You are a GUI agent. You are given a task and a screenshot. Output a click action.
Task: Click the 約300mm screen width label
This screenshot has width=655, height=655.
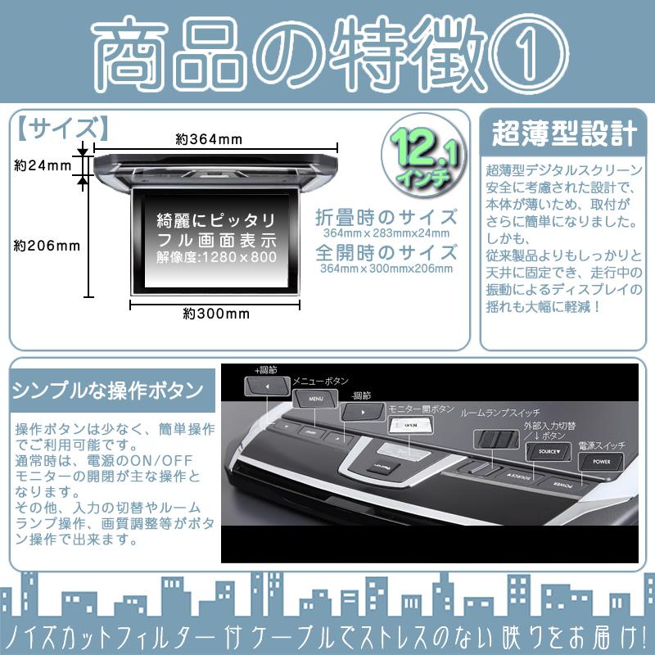(216, 314)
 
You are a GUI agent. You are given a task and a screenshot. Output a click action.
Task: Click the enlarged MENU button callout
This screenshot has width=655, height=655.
(316, 399)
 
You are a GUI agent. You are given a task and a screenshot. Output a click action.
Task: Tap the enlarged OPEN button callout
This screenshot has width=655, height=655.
(407, 424)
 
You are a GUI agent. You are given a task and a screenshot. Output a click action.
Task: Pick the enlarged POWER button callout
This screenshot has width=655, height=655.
(599, 462)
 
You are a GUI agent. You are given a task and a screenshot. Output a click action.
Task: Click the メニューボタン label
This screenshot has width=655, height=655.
(320, 381)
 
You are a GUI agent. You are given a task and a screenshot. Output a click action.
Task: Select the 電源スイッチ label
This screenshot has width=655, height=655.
(601, 445)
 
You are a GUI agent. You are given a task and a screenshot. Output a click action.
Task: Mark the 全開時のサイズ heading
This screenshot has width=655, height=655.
(386, 251)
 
